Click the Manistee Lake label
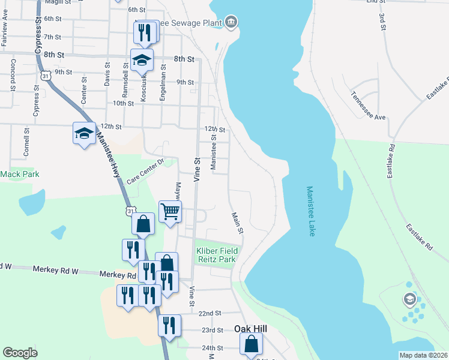tap(310, 211)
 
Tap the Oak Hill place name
tap(250, 329)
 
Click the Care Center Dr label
tap(145, 172)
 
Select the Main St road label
tap(237, 222)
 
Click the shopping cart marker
tap(170, 211)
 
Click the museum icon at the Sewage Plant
tap(231, 23)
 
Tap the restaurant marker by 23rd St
tap(169, 326)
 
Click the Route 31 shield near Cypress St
tap(46, 76)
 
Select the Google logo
tap(20, 353)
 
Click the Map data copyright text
tap(423, 355)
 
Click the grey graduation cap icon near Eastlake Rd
tap(410, 299)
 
